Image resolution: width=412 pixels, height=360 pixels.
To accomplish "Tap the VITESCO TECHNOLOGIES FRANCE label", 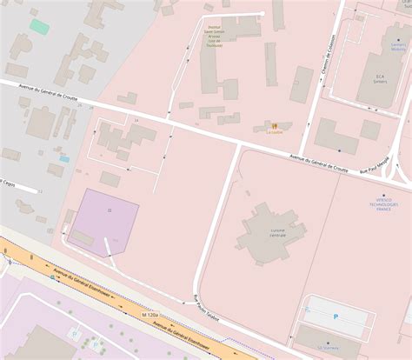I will pyautogui.click(x=383, y=203).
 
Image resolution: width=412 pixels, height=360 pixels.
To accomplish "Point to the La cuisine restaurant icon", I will pyautogui.click(x=273, y=125).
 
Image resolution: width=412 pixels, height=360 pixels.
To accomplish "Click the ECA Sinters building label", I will pyautogui.click(x=379, y=79).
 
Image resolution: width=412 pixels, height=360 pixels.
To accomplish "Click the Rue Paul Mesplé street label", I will pyautogui.click(x=375, y=157).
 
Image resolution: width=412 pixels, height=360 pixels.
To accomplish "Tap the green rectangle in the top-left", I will pyautogui.click(x=39, y=26).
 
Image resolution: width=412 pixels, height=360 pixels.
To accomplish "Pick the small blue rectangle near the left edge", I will pyautogui.click(x=64, y=159).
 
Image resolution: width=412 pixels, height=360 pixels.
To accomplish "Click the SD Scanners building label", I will pyautogui.click(x=329, y=347).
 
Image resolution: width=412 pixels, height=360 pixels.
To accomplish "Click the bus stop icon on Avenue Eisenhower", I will pyautogui.click(x=50, y=263).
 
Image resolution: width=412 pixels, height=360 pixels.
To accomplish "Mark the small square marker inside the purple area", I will pyautogui.click(x=109, y=210).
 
